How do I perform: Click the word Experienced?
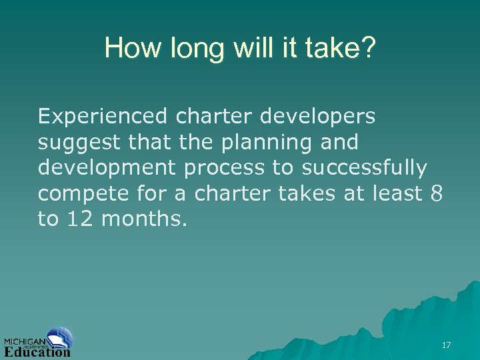pos(103,117)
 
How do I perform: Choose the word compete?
pos(81,194)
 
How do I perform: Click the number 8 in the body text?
pos(437,193)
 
